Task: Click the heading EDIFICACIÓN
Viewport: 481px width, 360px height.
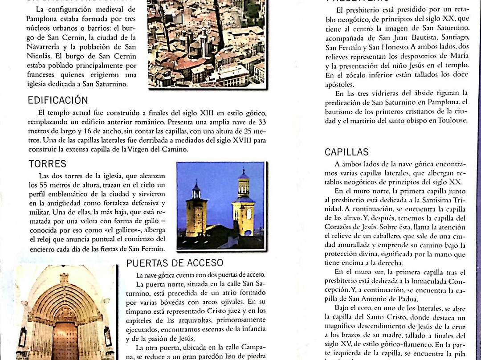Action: (x=58, y=100)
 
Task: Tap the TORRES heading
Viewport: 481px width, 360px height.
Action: (x=47, y=164)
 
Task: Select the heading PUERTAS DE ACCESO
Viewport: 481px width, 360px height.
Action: (x=175, y=263)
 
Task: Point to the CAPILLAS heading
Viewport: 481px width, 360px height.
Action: (x=346, y=152)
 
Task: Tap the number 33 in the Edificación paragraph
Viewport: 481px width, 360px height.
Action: (x=262, y=122)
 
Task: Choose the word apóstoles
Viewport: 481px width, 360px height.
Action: (x=340, y=84)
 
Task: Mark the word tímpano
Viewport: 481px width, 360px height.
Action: (x=150, y=311)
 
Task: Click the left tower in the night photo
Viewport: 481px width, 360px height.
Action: (x=196, y=209)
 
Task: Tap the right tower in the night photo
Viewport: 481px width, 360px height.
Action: (x=243, y=203)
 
